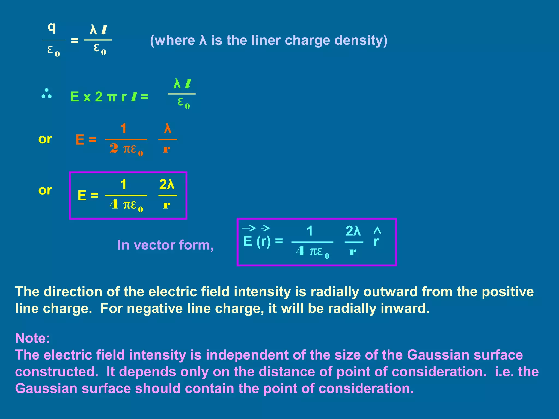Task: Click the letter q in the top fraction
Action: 52,28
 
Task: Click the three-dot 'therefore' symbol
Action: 46,93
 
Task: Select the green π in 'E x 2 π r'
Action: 111,97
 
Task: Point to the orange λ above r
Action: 168,128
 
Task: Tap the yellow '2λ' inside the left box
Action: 167,185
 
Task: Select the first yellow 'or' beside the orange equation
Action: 45,139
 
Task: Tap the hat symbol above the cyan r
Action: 377,231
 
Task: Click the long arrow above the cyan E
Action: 249,228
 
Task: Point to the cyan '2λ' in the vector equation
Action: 353,231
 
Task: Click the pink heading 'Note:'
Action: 32,338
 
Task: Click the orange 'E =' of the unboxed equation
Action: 86,140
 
